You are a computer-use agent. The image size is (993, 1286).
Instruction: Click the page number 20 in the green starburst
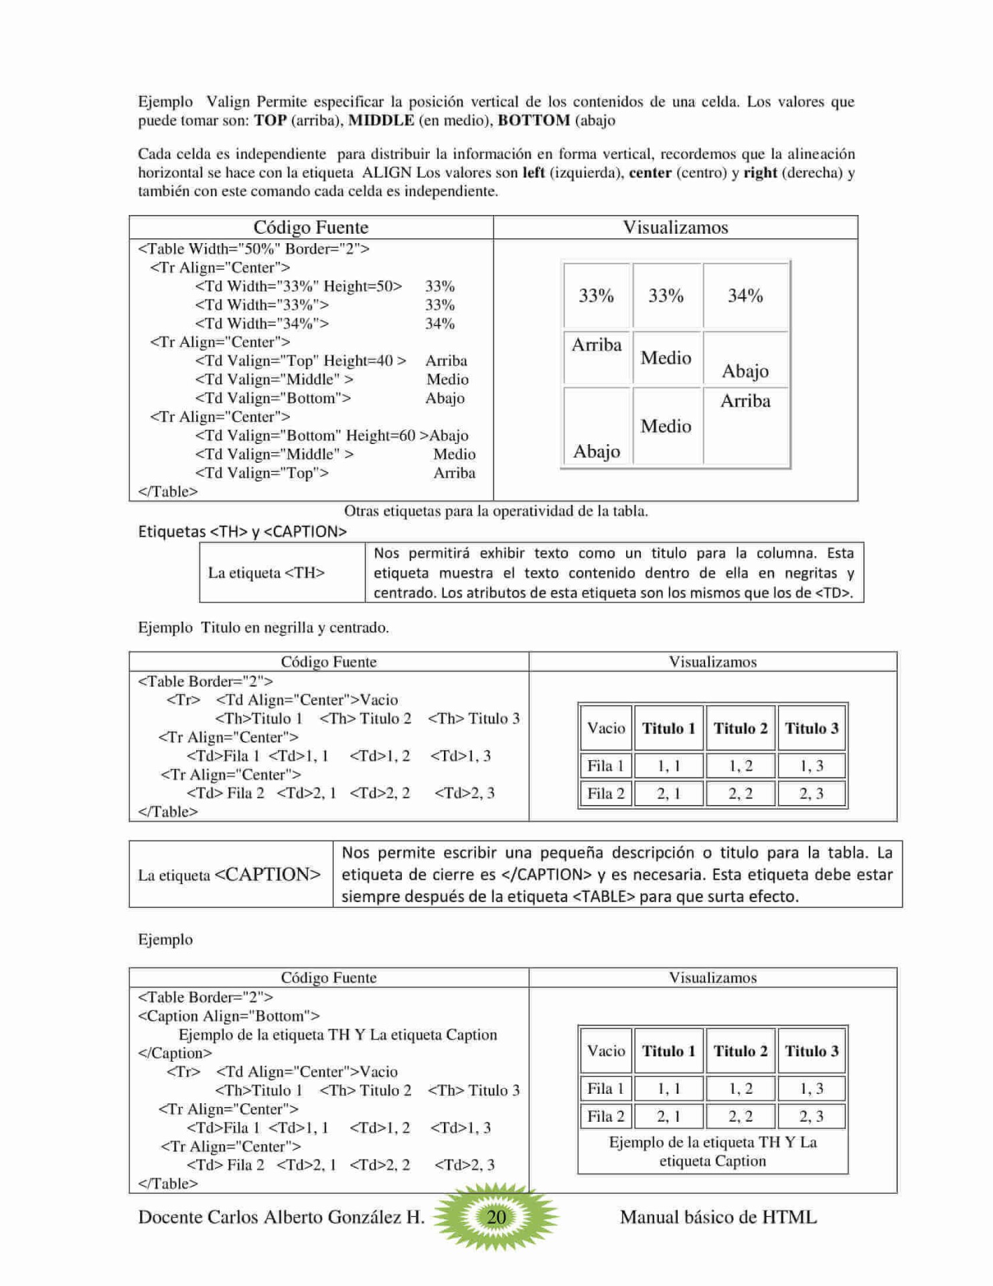495,1216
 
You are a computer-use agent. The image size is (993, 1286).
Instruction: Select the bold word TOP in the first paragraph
270,121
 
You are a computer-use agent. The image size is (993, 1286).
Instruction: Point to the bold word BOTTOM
533,121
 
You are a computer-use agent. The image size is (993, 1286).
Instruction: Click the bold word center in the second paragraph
650,173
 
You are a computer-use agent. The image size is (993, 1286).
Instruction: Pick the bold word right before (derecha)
760,173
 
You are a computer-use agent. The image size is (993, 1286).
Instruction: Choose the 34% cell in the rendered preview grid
745,295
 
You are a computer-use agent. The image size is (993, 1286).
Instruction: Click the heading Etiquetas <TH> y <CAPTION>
242,531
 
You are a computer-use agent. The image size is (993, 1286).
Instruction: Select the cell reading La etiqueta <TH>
266,573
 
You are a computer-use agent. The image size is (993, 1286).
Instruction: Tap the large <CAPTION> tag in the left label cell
267,874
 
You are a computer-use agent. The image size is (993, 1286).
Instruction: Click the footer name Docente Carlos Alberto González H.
281,1217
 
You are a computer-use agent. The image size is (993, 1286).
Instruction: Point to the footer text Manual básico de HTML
718,1217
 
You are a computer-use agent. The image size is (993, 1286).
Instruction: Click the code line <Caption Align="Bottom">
229,1016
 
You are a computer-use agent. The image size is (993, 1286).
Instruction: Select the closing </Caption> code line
175,1053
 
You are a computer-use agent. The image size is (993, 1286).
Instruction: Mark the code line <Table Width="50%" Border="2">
253,249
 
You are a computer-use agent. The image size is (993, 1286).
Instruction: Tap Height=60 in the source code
380,435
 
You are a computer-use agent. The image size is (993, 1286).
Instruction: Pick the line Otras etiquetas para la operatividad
495,511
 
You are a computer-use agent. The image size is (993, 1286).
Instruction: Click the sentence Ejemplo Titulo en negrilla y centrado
263,628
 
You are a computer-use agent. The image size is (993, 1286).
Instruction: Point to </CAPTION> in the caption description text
546,875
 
